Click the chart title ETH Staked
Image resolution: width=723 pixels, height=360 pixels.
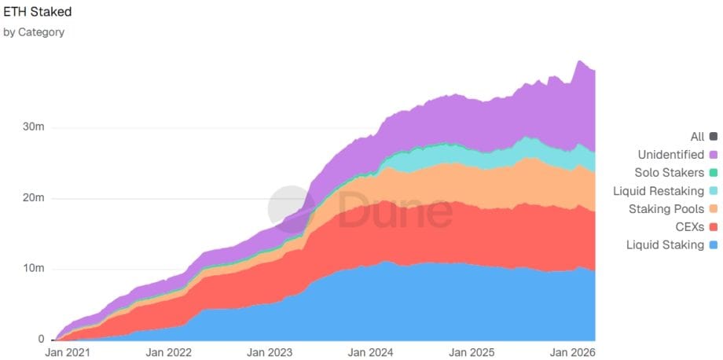coord(39,12)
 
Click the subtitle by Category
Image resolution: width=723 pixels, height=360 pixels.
coord(34,32)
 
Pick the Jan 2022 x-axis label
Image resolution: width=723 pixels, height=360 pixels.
coord(169,353)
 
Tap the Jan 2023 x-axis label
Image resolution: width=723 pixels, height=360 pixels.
coord(270,353)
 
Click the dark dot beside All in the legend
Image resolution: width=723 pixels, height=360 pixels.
coord(714,137)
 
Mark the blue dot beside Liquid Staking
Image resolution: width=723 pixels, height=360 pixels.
coord(714,245)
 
